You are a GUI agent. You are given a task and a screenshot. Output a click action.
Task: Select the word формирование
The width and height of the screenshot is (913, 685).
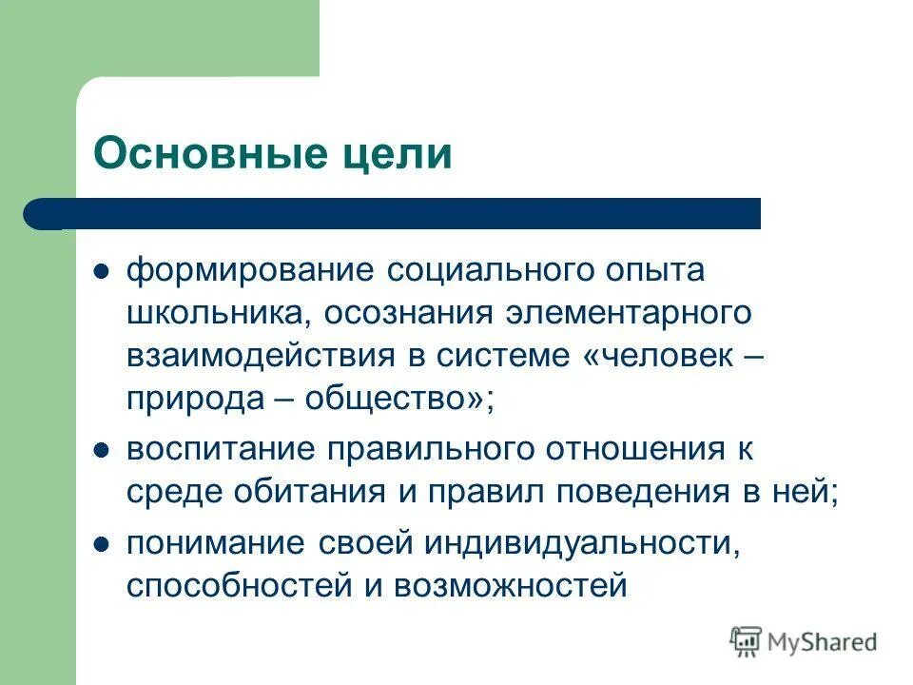tap(249, 271)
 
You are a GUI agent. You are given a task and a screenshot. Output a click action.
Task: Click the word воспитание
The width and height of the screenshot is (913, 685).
tap(221, 448)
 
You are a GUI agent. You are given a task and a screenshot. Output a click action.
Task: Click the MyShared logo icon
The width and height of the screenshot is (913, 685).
tap(748, 641)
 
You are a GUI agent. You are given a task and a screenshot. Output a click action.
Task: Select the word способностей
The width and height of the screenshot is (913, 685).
tap(237, 583)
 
